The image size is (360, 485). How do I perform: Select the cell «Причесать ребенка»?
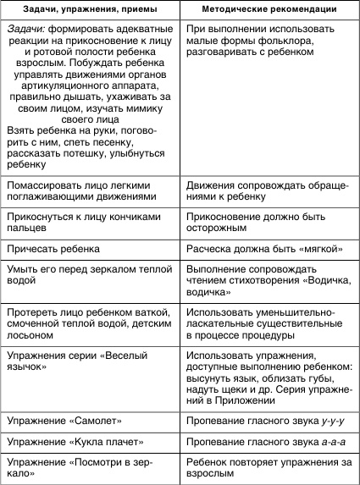[53, 249]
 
